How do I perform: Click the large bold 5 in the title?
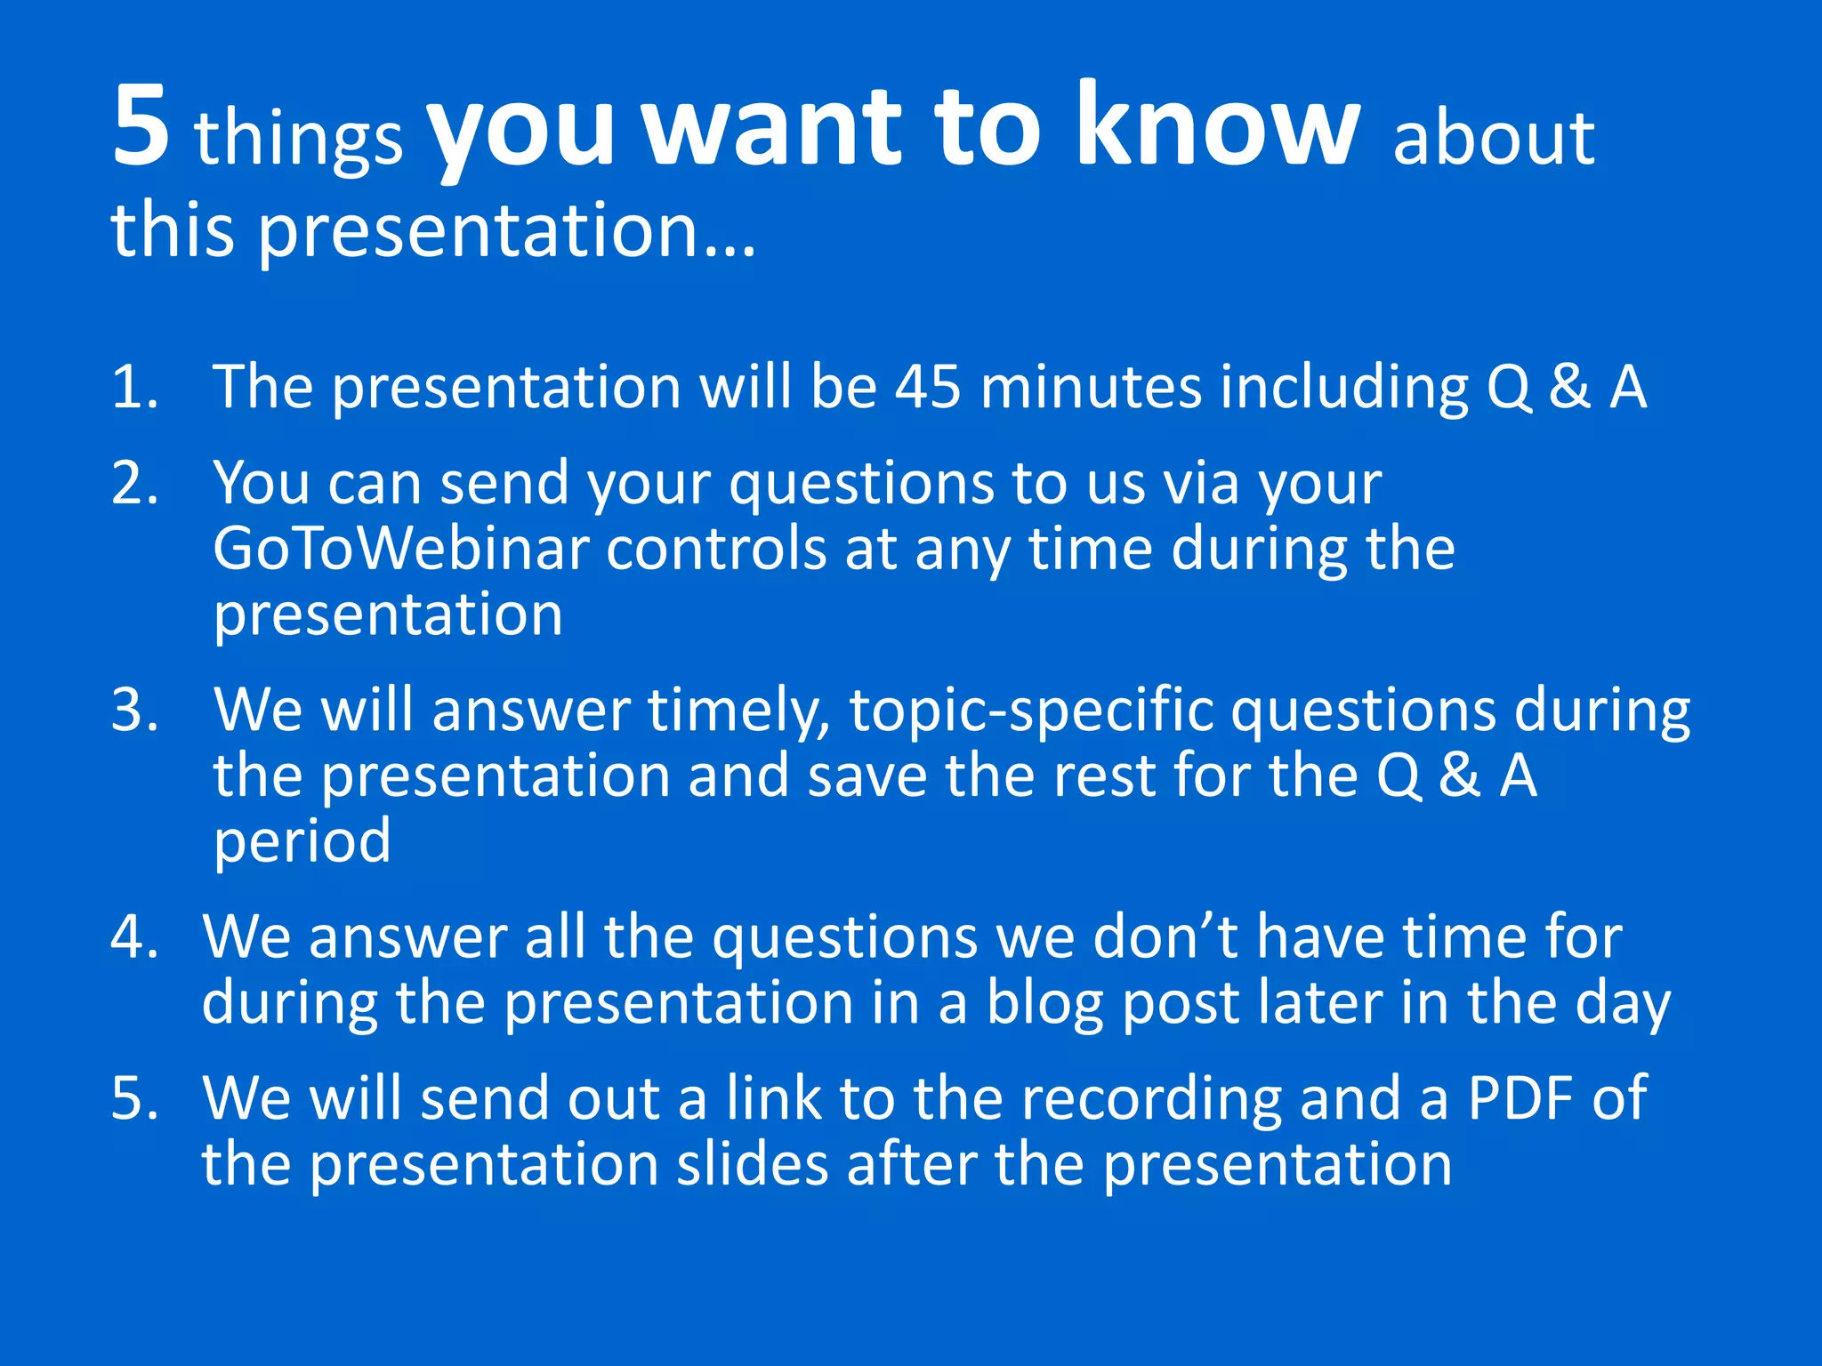click(141, 126)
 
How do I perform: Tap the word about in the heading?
click(1494, 140)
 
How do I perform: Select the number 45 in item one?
click(928, 388)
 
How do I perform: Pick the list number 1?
click(133, 388)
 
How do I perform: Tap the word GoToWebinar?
click(401, 549)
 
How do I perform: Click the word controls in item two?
click(717, 549)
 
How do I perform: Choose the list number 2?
click(133, 485)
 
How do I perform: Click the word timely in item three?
click(738, 712)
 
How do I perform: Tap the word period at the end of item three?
click(302, 842)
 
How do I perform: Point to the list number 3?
click(133, 711)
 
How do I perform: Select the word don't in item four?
click(1165, 938)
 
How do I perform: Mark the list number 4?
click(133, 938)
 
